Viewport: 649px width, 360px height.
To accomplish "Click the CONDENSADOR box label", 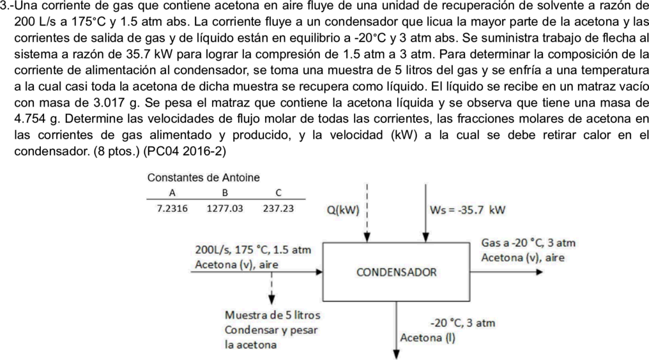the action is coord(396,273).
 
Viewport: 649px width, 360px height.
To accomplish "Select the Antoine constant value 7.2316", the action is coord(172,209).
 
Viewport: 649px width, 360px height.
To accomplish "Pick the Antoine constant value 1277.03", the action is coord(225,209).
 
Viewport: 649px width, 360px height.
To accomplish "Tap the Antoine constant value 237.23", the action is coord(278,209).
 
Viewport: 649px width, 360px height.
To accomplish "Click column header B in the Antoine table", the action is coord(225,193).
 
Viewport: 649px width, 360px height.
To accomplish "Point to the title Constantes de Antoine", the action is coord(204,178).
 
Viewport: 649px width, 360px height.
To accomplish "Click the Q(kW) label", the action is coord(343,210).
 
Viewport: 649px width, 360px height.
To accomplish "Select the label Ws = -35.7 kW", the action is coord(468,210).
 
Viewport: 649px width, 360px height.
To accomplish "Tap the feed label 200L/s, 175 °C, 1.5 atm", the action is coord(253,250).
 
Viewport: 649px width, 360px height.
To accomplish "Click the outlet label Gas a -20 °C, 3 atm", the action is coord(528,243).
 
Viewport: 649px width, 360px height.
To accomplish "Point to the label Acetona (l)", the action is coord(427,338).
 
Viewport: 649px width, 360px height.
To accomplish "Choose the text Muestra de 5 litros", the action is coord(272,315).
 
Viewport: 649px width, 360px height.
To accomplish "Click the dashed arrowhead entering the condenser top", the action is coord(367,237).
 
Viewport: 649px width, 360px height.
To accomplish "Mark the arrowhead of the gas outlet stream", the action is coord(538,272).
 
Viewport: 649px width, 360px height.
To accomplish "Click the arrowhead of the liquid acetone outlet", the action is coord(396,354).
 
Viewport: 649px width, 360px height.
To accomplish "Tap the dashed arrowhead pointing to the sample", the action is coord(271,299).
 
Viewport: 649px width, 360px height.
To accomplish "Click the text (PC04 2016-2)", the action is coord(185,151).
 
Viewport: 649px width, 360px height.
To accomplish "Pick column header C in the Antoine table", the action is coord(278,193).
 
